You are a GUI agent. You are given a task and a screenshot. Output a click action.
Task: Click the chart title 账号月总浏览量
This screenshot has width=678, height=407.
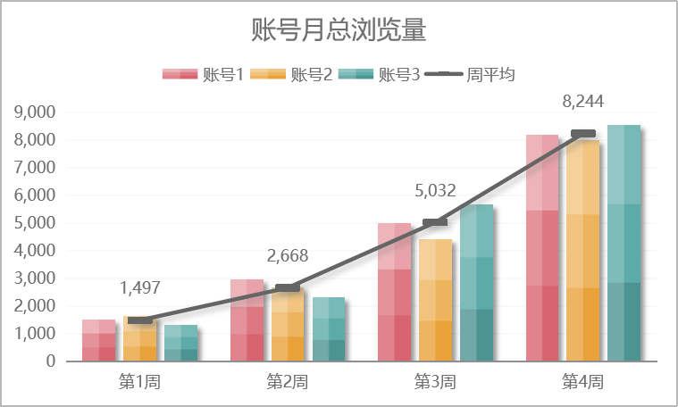coord(339,31)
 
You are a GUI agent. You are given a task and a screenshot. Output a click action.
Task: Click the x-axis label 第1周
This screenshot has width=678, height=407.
coord(139,382)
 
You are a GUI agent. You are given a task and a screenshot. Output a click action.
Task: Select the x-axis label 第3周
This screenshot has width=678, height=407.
coord(435,382)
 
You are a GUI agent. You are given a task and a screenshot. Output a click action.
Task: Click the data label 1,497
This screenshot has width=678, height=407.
coord(139,288)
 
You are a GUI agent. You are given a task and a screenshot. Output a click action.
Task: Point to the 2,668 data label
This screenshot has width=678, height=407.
coord(288,256)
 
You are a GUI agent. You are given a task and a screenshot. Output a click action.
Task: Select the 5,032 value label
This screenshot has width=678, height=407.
coord(435,190)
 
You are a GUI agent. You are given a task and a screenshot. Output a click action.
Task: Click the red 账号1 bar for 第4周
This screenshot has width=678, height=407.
coord(542,250)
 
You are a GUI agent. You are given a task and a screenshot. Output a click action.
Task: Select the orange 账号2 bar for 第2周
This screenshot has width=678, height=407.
coord(288,326)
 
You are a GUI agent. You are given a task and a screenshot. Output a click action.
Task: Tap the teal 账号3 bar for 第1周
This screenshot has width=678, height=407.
coord(180,344)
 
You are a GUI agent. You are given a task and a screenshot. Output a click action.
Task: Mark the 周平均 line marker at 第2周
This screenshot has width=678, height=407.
coord(288,287)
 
